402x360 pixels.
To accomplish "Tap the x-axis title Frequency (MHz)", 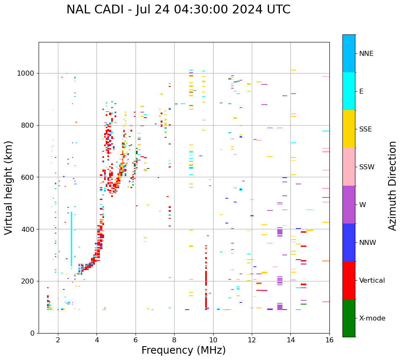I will coord(183,350).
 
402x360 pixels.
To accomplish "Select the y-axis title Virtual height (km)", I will coord(9,187).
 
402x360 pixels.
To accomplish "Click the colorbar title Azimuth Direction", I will coord(392,186).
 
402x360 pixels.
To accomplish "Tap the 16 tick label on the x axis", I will coord(329,340).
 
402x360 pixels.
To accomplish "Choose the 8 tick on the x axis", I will coord(174,340).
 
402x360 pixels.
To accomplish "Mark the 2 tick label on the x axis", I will coord(58,340).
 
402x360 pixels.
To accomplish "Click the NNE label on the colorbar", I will coord(366,54).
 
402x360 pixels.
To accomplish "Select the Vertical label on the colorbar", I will coord(372,281).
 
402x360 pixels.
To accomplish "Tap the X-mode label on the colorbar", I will coord(372,318).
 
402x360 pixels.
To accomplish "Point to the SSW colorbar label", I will coord(366,167).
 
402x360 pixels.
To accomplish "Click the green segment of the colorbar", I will coord(349,318).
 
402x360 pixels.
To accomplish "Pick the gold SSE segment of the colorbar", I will coord(349,129).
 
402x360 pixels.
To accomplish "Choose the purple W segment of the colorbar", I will coord(349,205).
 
